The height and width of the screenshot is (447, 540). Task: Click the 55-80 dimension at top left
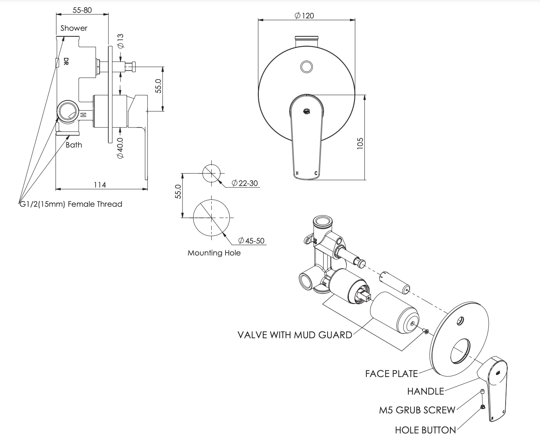(x=82, y=10)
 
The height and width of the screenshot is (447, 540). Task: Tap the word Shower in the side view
(x=74, y=28)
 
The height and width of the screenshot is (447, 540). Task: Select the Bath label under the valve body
(x=74, y=145)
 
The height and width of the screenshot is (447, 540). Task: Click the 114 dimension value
(x=100, y=184)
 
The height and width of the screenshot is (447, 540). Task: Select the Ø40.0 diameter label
(x=120, y=148)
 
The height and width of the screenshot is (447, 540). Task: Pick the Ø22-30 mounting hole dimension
(x=245, y=183)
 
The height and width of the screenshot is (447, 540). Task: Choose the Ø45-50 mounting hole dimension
(x=251, y=241)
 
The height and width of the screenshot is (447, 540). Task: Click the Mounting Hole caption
(x=214, y=253)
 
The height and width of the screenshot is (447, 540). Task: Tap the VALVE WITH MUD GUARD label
(x=295, y=335)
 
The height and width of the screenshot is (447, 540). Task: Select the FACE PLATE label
(x=391, y=373)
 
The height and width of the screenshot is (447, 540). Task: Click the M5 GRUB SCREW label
(x=417, y=410)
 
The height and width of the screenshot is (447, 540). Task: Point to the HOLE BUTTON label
(x=425, y=430)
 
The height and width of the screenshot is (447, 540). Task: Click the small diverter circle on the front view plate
(x=306, y=67)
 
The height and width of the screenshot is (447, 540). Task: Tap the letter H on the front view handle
(x=296, y=173)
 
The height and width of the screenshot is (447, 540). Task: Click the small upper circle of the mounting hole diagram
(x=211, y=173)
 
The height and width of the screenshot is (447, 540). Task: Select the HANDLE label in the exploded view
(x=426, y=391)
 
